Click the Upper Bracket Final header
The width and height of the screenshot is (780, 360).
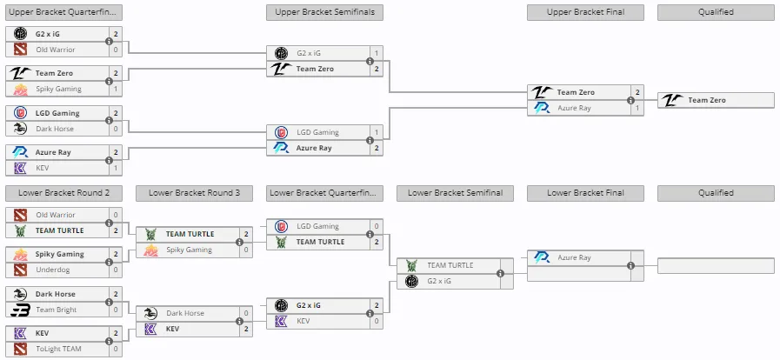(x=585, y=12)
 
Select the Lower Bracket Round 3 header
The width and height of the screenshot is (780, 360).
(x=194, y=193)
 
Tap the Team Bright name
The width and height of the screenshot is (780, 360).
(x=57, y=310)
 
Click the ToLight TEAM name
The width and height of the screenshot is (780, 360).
(x=58, y=349)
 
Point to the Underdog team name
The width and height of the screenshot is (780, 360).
(x=53, y=270)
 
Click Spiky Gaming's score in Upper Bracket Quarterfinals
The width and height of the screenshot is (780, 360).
(x=116, y=89)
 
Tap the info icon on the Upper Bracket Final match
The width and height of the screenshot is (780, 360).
(x=630, y=101)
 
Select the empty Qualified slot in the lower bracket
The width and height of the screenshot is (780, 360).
(x=716, y=265)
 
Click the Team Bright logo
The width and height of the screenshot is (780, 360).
(x=20, y=310)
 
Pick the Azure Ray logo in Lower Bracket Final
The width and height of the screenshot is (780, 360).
(x=542, y=257)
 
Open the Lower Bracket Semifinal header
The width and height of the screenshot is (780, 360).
(x=455, y=193)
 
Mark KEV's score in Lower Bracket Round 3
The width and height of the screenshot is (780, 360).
(x=246, y=330)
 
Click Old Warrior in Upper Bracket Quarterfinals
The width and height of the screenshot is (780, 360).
(x=55, y=50)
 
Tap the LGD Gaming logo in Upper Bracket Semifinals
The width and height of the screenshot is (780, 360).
(x=281, y=132)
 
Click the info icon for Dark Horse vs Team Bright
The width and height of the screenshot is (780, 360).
(x=109, y=302)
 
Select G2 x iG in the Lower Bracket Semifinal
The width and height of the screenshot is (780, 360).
(x=438, y=282)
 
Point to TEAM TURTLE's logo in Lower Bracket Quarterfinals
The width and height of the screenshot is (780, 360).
(x=281, y=242)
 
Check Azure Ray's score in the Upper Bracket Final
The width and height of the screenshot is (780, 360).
(x=637, y=109)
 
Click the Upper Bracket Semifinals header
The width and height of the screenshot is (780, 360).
(x=325, y=12)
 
